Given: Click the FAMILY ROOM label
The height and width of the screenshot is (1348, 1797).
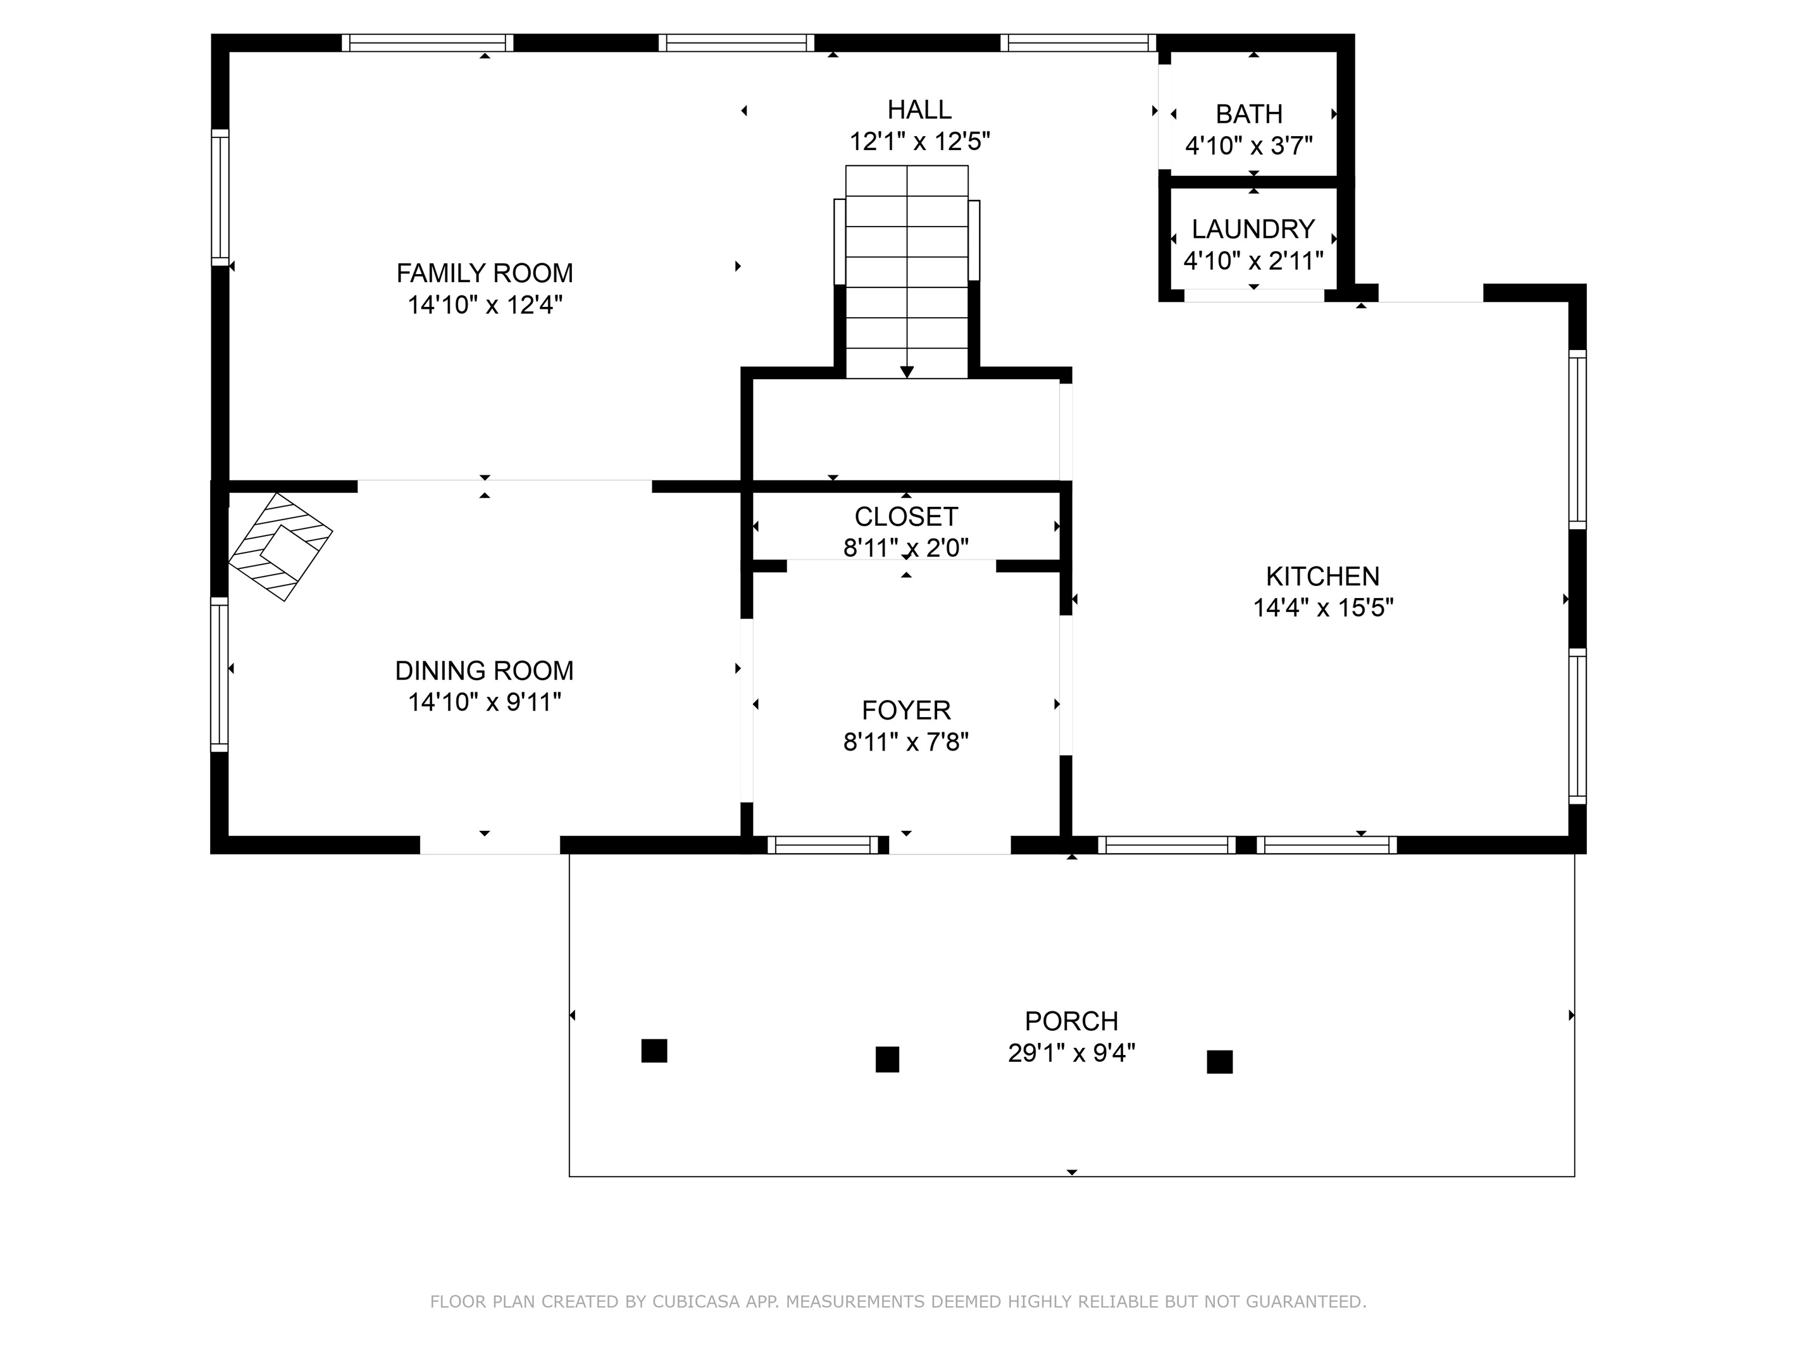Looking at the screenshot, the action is (x=484, y=273).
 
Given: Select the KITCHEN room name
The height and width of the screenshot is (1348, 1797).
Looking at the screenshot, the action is (x=1322, y=576).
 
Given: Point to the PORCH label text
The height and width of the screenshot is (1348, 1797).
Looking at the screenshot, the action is (x=1071, y=1021).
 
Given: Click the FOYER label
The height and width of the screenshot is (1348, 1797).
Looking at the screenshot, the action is (x=906, y=710).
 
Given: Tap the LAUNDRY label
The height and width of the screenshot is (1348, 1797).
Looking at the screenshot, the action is (x=1253, y=229).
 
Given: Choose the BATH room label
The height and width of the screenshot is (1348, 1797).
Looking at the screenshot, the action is (x=1248, y=114).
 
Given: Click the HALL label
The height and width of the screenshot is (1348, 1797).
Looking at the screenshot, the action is (x=919, y=109).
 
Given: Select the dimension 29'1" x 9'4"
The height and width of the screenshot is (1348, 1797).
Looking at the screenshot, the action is (x=1071, y=1053).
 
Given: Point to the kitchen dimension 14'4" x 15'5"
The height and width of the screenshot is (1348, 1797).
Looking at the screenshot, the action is (x=1322, y=608).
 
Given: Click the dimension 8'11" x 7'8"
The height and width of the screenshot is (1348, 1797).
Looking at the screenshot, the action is (x=906, y=742).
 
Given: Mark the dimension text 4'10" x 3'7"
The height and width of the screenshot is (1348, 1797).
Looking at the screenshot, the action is (x=1248, y=146).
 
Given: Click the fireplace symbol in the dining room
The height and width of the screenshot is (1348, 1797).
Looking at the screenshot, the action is (x=280, y=547).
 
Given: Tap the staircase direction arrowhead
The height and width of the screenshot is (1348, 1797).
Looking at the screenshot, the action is (x=907, y=371).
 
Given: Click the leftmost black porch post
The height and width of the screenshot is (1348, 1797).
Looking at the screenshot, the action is (x=654, y=1051).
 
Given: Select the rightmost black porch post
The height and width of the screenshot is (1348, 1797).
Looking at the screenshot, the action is (x=1219, y=1062).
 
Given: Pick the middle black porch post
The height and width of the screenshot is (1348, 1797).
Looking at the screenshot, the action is (x=887, y=1059).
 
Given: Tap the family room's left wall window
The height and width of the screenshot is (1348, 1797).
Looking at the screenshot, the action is (x=220, y=197).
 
